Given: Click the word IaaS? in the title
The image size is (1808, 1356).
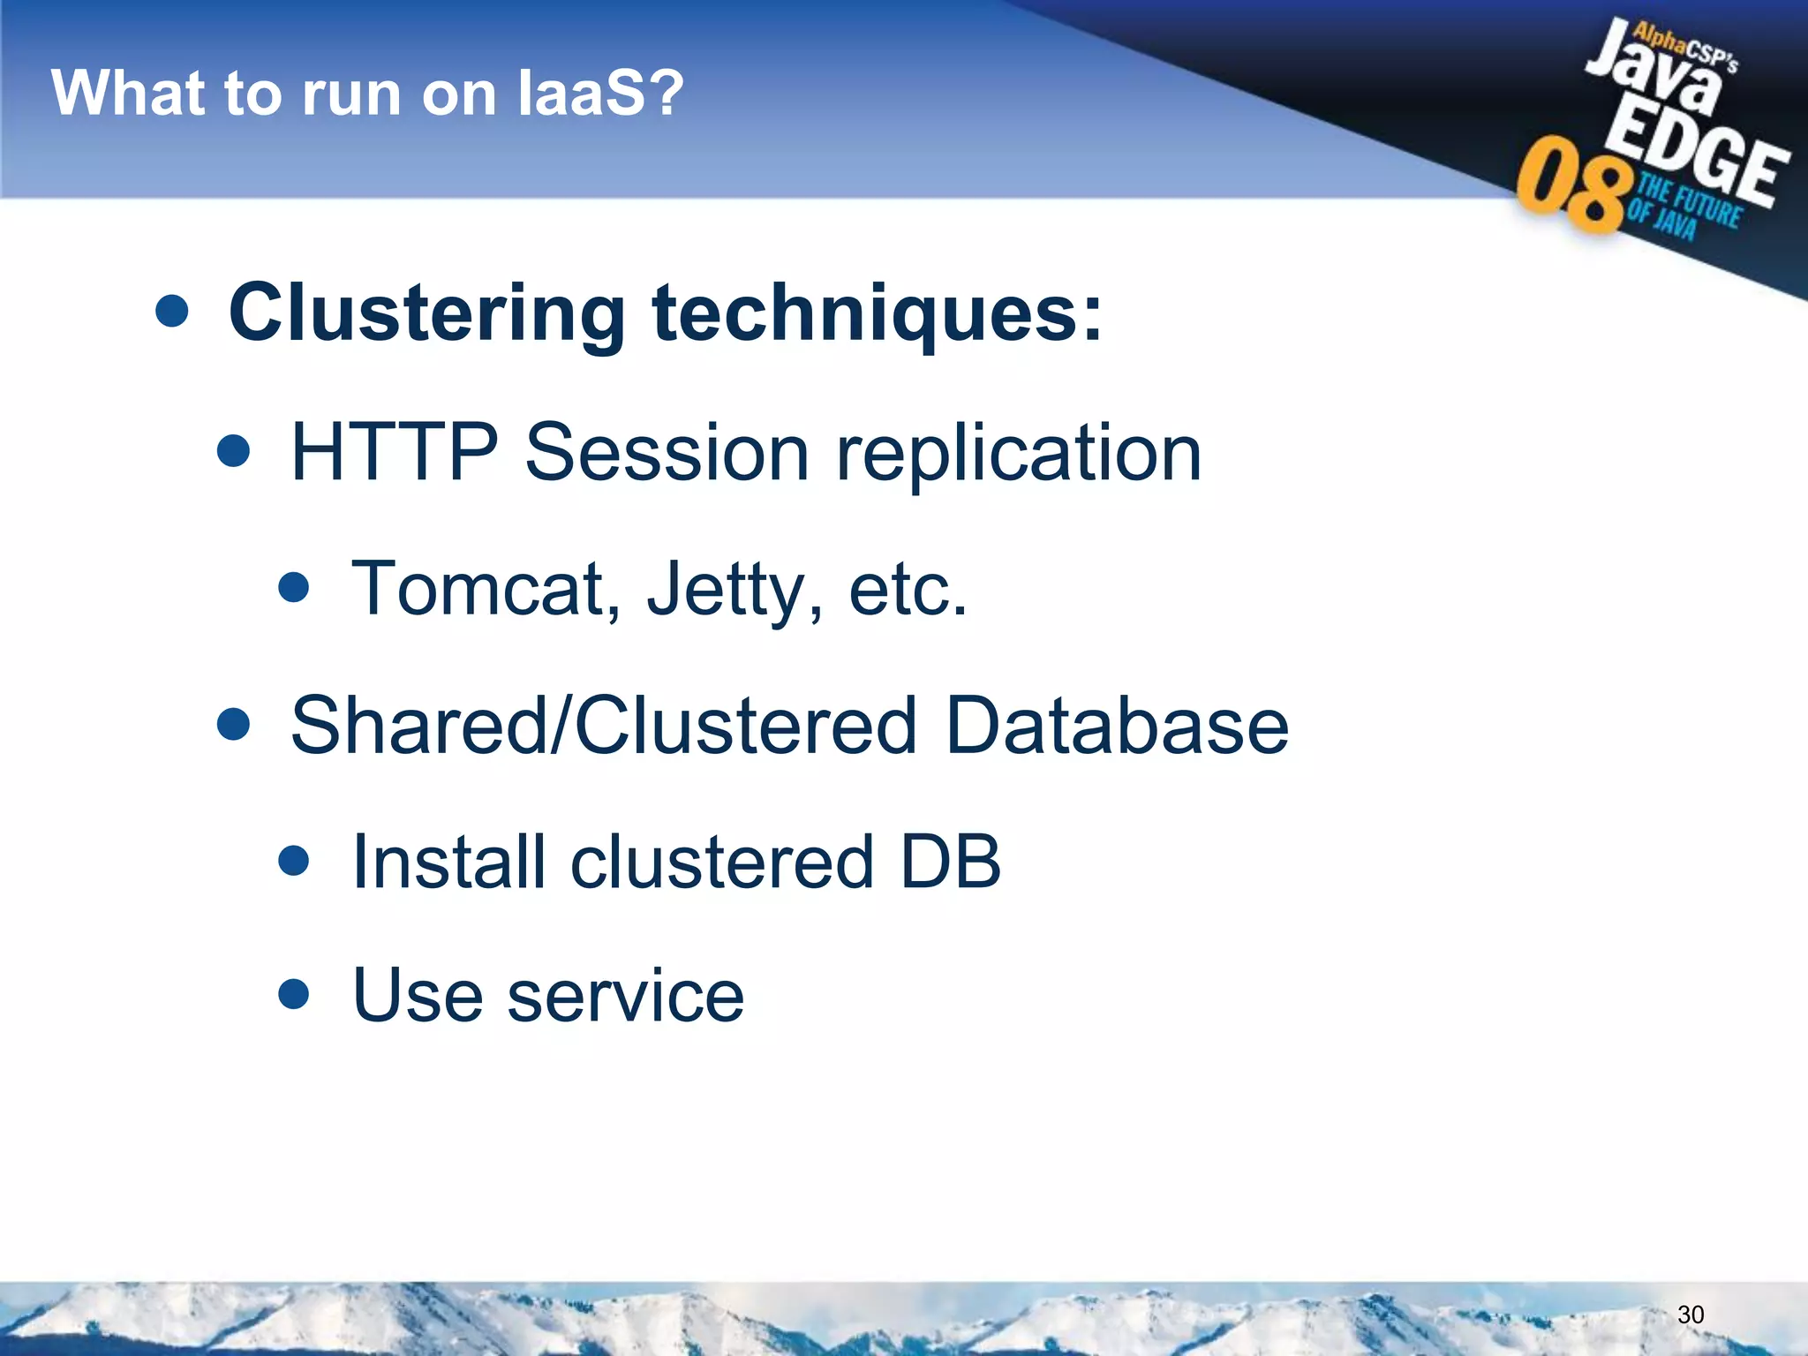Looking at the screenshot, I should click(x=600, y=93).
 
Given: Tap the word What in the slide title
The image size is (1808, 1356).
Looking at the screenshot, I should click(x=123, y=93).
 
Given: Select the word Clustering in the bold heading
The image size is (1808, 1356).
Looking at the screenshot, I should click(x=427, y=313).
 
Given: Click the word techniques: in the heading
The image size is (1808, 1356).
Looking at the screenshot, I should click(x=878, y=313).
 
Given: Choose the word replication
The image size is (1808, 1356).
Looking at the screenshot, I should click(x=1019, y=454).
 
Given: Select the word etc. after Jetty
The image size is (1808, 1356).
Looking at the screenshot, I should click(x=908, y=589).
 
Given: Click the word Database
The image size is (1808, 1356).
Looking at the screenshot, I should click(x=1117, y=726).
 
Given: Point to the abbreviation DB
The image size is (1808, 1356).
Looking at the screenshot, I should click(x=950, y=862).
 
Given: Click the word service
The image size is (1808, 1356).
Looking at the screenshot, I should click(x=626, y=996).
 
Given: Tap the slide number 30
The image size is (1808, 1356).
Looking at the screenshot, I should click(x=1690, y=1315).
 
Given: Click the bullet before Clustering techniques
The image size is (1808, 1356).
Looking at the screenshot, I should click(x=171, y=311).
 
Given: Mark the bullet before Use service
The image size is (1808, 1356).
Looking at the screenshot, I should click(x=293, y=994).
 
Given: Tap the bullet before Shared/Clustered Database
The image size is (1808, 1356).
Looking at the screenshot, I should click(x=233, y=725).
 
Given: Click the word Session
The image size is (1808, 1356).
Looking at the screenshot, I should click(x=667, y=452).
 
